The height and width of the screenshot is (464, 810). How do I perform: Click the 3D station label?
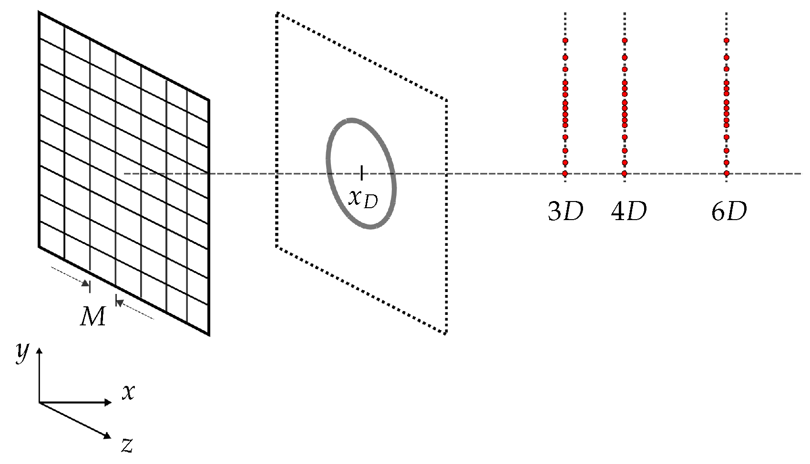(x=565, y=212)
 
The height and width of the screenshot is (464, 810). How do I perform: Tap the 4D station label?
(x=628, y=212)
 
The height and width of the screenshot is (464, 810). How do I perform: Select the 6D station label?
(x=729, y=212)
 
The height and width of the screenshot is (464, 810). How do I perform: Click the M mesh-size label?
(x=92, y=316)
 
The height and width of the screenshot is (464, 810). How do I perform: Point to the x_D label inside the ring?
(x=362, y=198)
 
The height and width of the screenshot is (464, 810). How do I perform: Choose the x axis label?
(x=128, y=392)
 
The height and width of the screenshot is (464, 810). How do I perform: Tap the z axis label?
(x=126, y=445)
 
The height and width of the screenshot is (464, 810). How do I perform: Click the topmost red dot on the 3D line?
(x=565, y=41)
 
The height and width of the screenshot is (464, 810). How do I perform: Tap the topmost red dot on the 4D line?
(x=625, y=41)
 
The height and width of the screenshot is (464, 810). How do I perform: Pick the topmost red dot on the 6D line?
(x=726, y=41)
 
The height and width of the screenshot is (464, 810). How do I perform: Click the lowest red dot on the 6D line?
(x=726, y=173)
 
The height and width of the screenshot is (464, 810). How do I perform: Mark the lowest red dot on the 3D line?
(x=565, y=173)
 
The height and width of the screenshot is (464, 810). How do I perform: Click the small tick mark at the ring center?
(x=362, y=172)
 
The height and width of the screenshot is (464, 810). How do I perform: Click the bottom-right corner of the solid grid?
(x=209, y=334)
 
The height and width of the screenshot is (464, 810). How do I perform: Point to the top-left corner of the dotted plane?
(x=277, y=13)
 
